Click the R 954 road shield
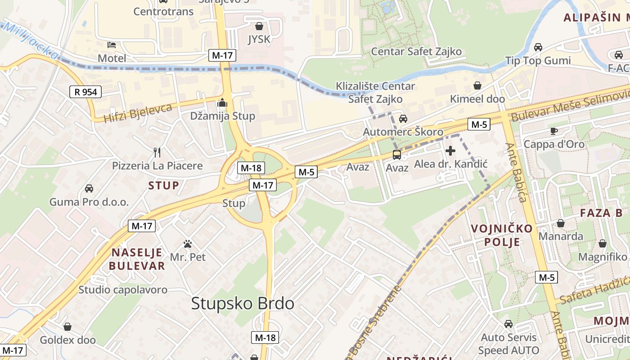click(x=85, y=92)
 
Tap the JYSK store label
click(x=259, y=39)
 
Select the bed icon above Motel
click(x=112, y=45)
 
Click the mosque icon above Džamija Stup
click(x=222, y=103)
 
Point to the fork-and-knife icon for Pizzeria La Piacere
click(x=157, y=152)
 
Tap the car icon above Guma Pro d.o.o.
click(x=89, y=189)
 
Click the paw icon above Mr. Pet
click(x=188, y=244)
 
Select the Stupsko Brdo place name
click(x=243, y=303)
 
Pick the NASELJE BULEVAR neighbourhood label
click(x=137, y=259)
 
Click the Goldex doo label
click(x=67, y=340)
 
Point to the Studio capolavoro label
click(x=123, y=290)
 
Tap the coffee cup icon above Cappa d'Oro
click(x=553, y=131)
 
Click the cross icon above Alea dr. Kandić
click(x=450, y=151)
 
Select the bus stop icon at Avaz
click(x=397, y=155)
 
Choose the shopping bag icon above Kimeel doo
click(x=477, y=85)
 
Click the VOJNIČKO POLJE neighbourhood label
click(x=502, y=235)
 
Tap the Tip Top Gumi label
click(x=538, y=61)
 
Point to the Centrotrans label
click(x=163, y=11)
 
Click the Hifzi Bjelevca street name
click(x=138, y=113)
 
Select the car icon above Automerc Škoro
click(x=403, y=119)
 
